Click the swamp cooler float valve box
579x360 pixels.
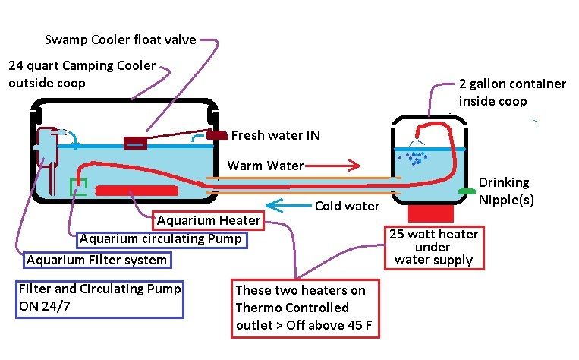[135, 143]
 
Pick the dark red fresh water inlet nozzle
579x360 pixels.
[217, 135]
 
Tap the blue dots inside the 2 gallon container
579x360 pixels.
[414, 158]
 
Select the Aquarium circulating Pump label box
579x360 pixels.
[161, 239]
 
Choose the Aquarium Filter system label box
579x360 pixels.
[96, 260]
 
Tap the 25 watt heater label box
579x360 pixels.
[433, 247]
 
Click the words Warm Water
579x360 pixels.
[265, 166]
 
